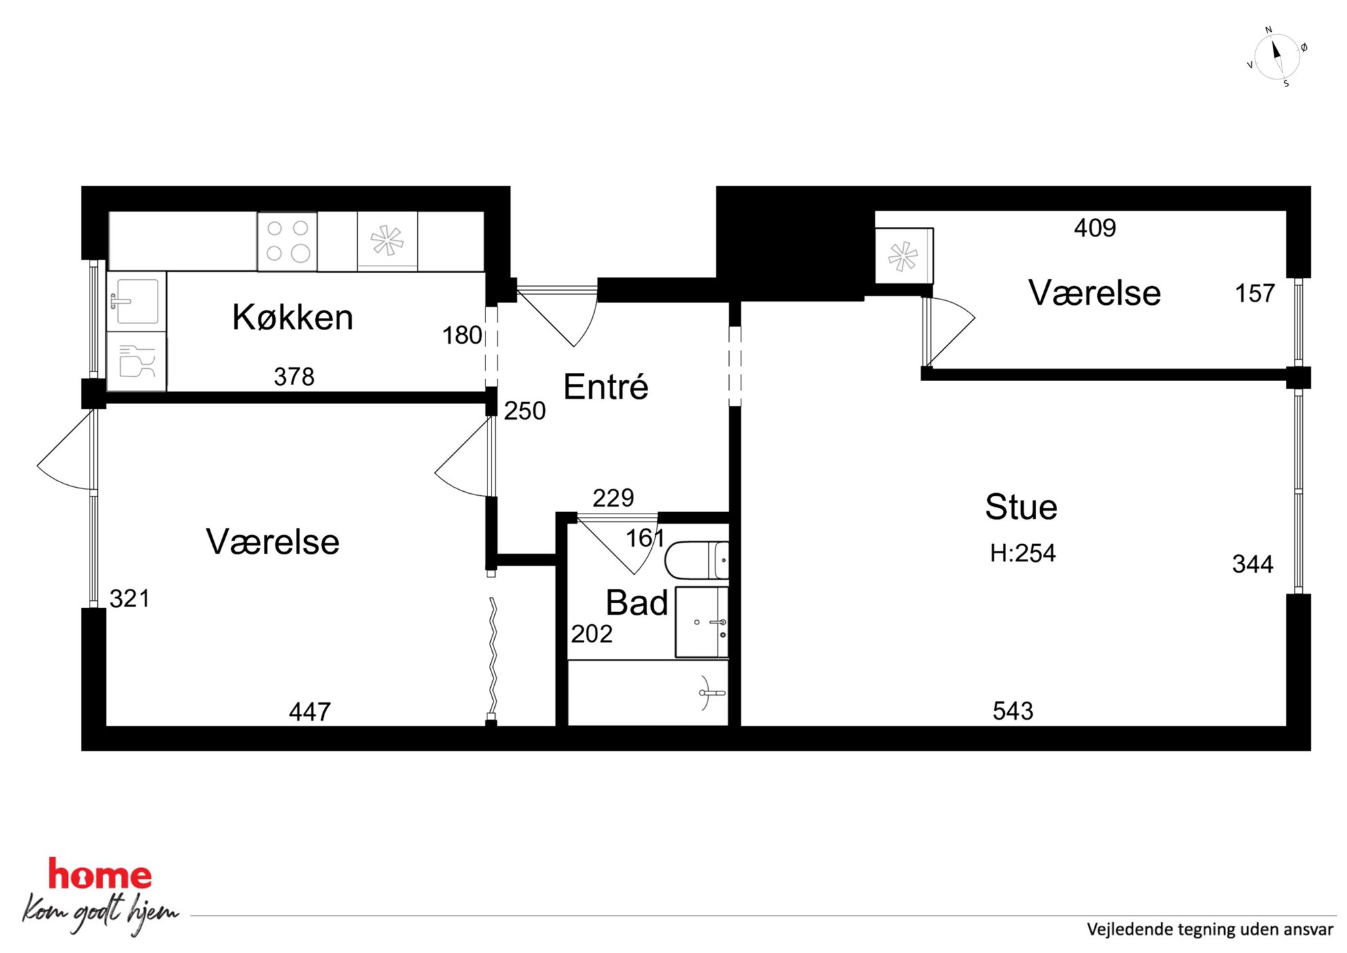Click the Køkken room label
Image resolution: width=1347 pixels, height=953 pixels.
pos(293,317)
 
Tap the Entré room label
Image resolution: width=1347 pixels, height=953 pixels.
pos(606,386)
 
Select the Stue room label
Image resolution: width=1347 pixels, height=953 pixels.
pos(1021,507)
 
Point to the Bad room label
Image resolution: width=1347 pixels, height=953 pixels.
pos(637,603)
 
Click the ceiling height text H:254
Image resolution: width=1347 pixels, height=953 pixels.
pos(1022,554)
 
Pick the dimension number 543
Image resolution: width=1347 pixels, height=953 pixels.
pos(1013,711)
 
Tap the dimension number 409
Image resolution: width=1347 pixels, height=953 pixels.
pos(1095,228)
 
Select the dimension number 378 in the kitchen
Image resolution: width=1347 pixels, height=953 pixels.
pos(294,376)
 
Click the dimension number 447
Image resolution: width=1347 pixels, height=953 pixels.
pos(310,712)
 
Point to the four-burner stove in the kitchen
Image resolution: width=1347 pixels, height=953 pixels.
pos(287,241)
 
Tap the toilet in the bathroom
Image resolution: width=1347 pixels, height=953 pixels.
pos(697,560)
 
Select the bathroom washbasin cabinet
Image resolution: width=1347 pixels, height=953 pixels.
pos(702,622)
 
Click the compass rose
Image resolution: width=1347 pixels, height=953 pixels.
pos(1276,57)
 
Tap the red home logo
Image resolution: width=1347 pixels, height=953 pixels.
pos(100,874)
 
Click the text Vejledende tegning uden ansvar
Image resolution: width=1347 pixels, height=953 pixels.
pos(1210,929)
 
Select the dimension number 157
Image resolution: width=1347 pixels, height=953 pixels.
pos(1255,293)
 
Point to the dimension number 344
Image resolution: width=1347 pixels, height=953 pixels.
pos(1253,564)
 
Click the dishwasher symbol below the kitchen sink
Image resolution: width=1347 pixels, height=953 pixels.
pos(136,361)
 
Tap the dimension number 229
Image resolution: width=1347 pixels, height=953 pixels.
pos(613,498)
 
